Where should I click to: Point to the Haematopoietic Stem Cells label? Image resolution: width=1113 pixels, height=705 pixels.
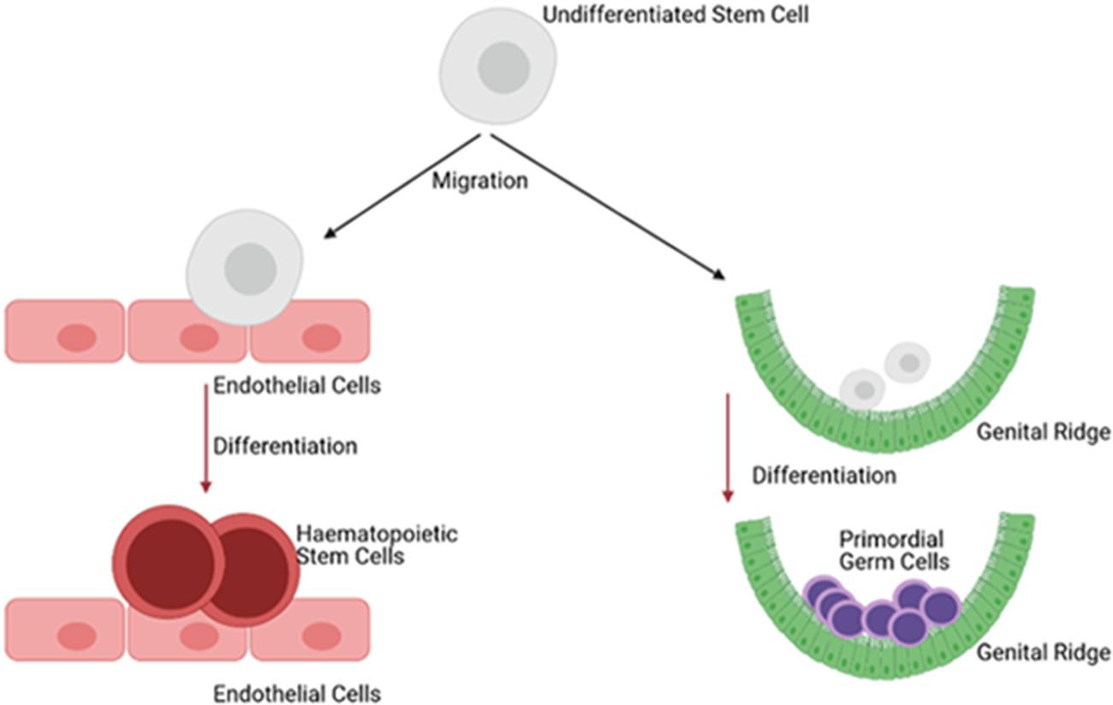pos(377,545)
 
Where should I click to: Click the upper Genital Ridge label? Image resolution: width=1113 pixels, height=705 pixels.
pos(1044,433)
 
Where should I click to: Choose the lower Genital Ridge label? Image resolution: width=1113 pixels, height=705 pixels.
pos(1044,653)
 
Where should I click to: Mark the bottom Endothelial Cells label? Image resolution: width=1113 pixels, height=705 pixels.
pos(297,691)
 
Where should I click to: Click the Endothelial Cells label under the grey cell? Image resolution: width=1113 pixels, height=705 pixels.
pos(297,386)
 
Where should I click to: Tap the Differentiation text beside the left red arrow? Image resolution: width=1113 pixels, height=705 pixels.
pos(285,446)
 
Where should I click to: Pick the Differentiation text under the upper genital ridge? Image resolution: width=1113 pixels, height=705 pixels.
pos(824,474)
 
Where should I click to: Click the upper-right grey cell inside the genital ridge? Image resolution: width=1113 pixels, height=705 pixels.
pos(908,362)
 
